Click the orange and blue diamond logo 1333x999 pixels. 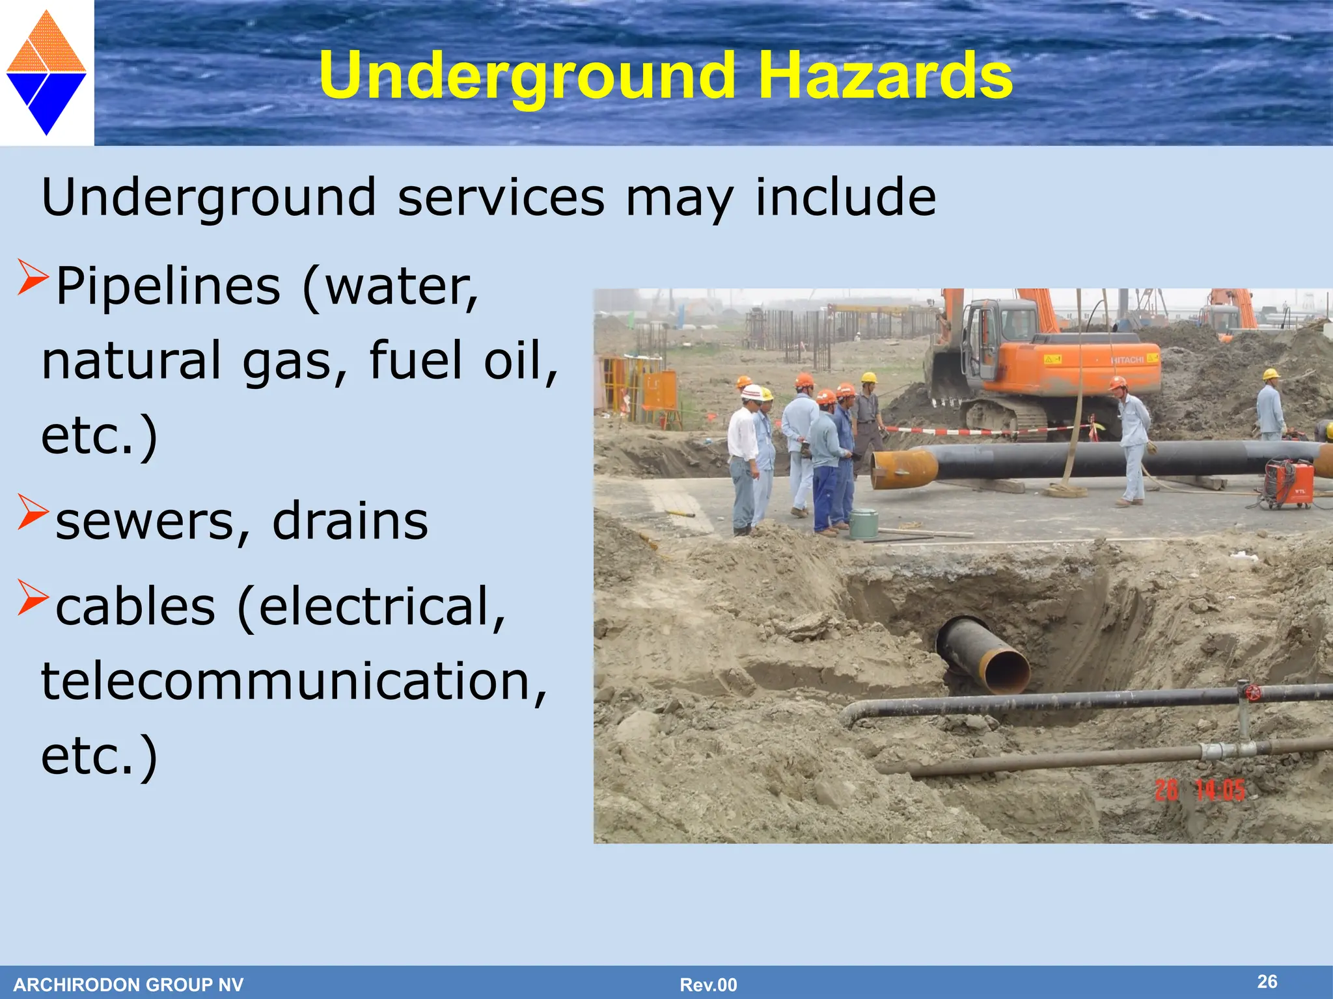[x=46, y=72]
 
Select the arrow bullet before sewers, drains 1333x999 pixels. [x=33, y=511]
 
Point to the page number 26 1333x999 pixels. [x=1267, y=981]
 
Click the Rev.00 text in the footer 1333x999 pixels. [x=708, y=985]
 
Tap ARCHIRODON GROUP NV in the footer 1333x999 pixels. [x=128, y=985]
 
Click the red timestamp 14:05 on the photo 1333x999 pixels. [x=1220, y=790]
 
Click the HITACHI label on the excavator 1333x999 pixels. [x=1127, y=360]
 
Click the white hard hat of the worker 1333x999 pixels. [x=752, y=392]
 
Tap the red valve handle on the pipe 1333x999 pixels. [x=1253, y=693]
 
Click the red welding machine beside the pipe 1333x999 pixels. [x=1289, y=483]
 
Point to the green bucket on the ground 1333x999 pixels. [x=864, y=524]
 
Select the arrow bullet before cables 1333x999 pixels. [x=33, y=597]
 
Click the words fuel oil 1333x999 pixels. [x=463, y=360]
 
